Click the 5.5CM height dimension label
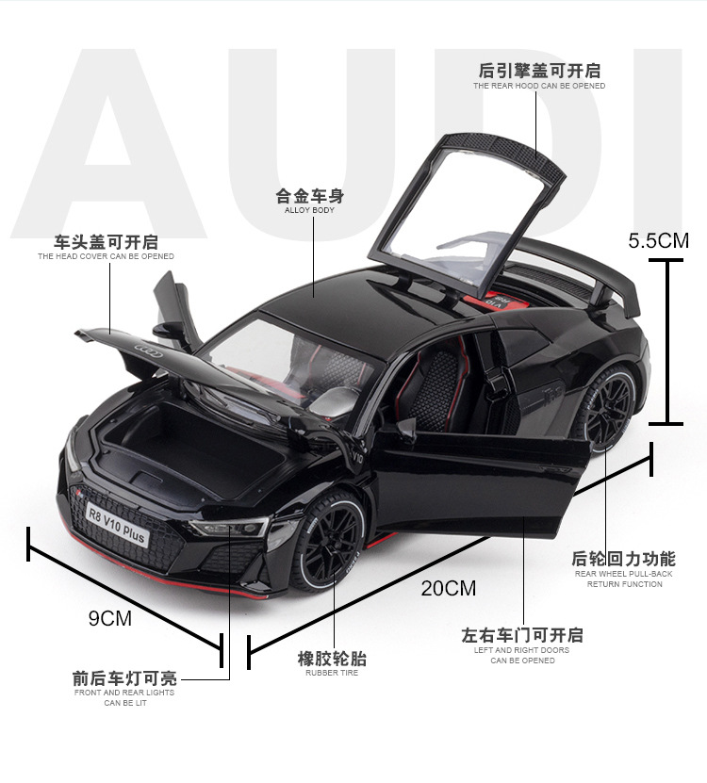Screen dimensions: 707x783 659,240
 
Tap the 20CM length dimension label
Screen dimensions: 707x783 449,589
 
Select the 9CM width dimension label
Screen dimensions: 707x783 110,618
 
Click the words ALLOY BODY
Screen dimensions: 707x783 309,210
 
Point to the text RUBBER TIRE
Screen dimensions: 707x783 332,673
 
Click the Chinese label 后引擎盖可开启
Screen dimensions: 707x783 539,71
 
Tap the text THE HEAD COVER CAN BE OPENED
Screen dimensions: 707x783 106,256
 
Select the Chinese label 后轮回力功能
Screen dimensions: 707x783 624,560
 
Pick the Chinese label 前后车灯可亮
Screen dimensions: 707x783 124,677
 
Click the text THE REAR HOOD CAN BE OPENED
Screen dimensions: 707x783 539,87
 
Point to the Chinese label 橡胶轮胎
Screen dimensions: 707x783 332,659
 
